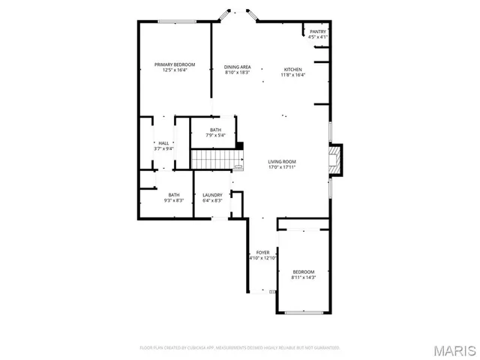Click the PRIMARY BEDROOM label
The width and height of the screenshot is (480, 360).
174,65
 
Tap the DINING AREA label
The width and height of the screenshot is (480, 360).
237,67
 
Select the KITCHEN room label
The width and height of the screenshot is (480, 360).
292,67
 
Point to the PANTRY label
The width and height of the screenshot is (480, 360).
318,31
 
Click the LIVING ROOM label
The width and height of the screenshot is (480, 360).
283,161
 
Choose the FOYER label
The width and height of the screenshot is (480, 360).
262,253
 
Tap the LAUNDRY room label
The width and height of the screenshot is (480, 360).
212,195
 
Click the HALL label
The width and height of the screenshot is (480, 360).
163,143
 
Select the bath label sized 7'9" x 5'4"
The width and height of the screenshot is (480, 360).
215,130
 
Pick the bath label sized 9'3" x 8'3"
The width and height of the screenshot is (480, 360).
174,195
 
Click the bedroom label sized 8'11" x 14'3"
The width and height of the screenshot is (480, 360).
304,271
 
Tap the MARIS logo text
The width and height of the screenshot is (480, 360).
453,349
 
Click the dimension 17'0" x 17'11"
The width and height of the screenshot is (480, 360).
283,167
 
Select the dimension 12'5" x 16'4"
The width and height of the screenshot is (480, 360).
174,70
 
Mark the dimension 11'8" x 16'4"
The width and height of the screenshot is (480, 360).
292,73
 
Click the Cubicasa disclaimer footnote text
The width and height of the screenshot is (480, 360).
240,348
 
